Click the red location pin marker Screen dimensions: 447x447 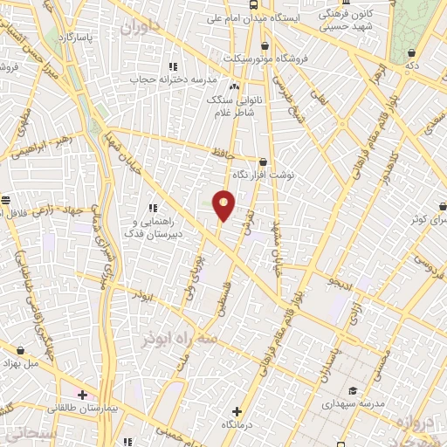coord(224,206)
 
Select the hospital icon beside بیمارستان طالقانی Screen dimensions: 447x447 coord(82,395)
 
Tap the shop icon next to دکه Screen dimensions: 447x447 coord(410,53)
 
